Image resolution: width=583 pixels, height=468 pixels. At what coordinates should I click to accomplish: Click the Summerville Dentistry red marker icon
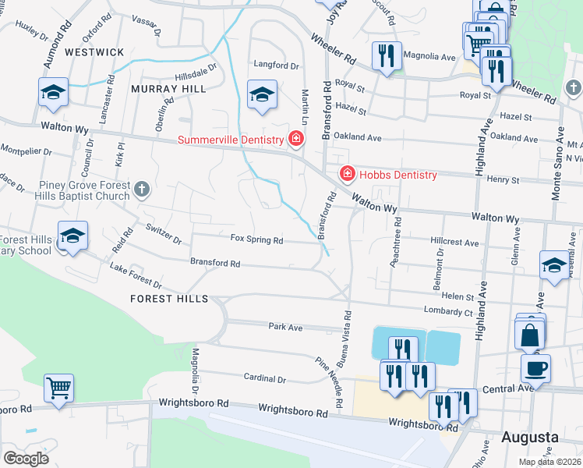pos(295,140)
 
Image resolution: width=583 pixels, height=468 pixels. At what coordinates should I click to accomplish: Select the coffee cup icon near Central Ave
pos(535,367)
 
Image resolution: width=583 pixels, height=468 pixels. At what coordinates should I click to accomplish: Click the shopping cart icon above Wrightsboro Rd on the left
pos(59,387)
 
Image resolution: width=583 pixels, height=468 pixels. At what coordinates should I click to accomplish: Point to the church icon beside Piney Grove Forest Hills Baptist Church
pos(141,188)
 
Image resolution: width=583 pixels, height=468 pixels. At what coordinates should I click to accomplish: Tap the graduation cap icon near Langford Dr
pos(263,94)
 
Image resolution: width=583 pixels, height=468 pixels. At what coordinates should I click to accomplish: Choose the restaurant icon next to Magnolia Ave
pos(386,55)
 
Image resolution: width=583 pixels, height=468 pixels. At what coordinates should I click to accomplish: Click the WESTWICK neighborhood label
pos(94,51)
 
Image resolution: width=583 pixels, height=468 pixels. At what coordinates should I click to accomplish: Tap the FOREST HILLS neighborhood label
pos(169,299)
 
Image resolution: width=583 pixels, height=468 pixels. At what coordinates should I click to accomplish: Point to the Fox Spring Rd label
pos(256,240)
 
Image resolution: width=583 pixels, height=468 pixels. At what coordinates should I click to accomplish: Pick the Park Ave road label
pos(284,327)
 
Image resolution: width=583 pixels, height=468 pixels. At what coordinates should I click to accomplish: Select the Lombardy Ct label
pos(448,312)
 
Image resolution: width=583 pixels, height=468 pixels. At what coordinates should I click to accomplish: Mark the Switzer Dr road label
pos(163,233)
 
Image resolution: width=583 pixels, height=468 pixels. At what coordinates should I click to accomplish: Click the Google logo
pos(26,459)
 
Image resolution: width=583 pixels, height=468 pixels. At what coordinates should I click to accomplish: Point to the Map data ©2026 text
pos(549,462)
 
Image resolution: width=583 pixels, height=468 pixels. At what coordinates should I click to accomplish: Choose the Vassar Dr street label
pos(147,26)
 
